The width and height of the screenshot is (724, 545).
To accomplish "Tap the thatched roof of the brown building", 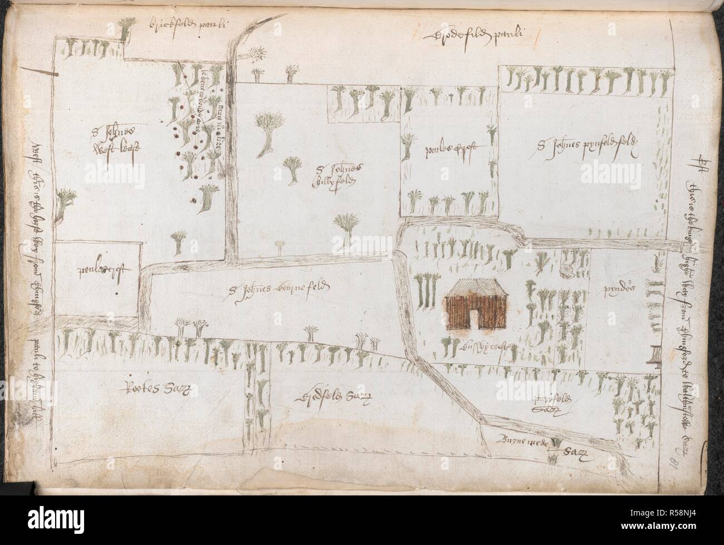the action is pyautogui.click(x=474, y=288).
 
